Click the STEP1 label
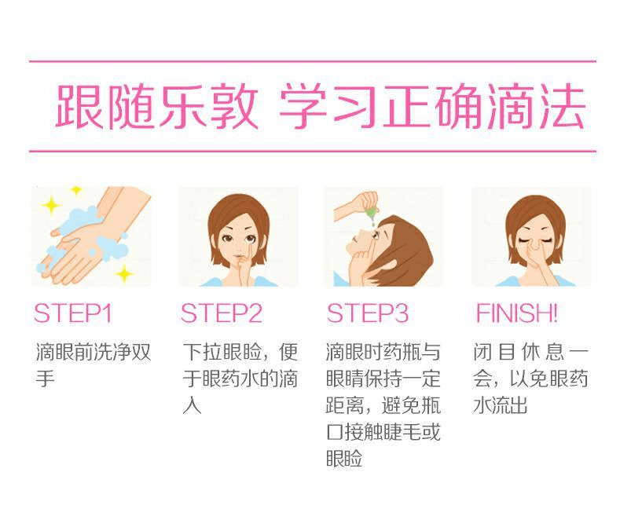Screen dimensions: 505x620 73,313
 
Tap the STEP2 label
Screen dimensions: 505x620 221,313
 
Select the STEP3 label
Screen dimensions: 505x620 368,313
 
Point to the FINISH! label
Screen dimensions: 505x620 516,313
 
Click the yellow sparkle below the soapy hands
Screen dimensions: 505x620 123,273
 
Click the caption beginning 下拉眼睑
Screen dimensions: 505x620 240,378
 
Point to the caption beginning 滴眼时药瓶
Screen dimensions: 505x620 383,404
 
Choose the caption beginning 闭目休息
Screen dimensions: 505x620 530,378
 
